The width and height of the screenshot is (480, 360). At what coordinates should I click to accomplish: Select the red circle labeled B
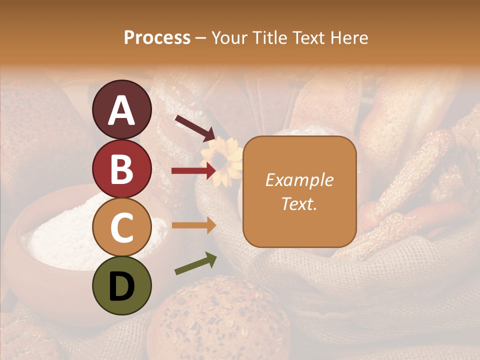coord(121,168)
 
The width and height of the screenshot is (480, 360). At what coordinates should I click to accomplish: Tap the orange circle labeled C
coord(121,227)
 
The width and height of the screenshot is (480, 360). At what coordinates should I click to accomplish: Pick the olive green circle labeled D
coord(121,285)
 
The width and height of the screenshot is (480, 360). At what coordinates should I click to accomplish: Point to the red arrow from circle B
coord(193,171)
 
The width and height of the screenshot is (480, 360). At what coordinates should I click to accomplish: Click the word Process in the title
coord(157,37)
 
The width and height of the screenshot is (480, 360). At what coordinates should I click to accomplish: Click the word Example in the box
coord(299,180)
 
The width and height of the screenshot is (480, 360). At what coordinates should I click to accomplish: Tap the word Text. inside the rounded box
coord(299,203)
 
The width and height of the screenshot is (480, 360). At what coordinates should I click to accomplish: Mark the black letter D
coord(121,286)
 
